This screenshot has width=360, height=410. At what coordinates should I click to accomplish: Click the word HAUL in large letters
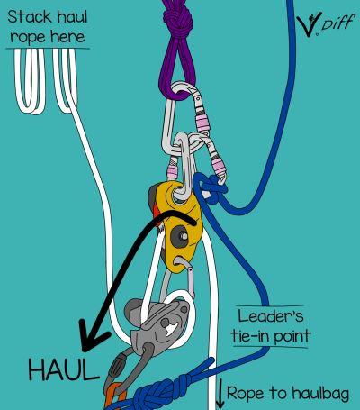(x=63, y=370)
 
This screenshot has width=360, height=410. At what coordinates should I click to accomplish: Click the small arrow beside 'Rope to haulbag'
(x=220, y=394)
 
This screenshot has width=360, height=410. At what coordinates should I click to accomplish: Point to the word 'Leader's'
(x=271, y=315)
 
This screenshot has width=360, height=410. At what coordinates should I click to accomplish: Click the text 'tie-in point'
(x=271, y=335)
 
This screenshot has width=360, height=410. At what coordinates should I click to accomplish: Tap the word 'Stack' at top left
(x=30, y=16)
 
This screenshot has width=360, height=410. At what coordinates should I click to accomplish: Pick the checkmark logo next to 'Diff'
(x=309, y=24)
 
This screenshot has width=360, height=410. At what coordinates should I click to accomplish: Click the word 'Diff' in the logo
(x=336, y=23)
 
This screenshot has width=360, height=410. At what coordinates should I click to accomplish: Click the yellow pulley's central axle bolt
(x=182, y=236)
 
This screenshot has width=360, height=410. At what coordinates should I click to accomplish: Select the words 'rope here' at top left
(x=48, y=37)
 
